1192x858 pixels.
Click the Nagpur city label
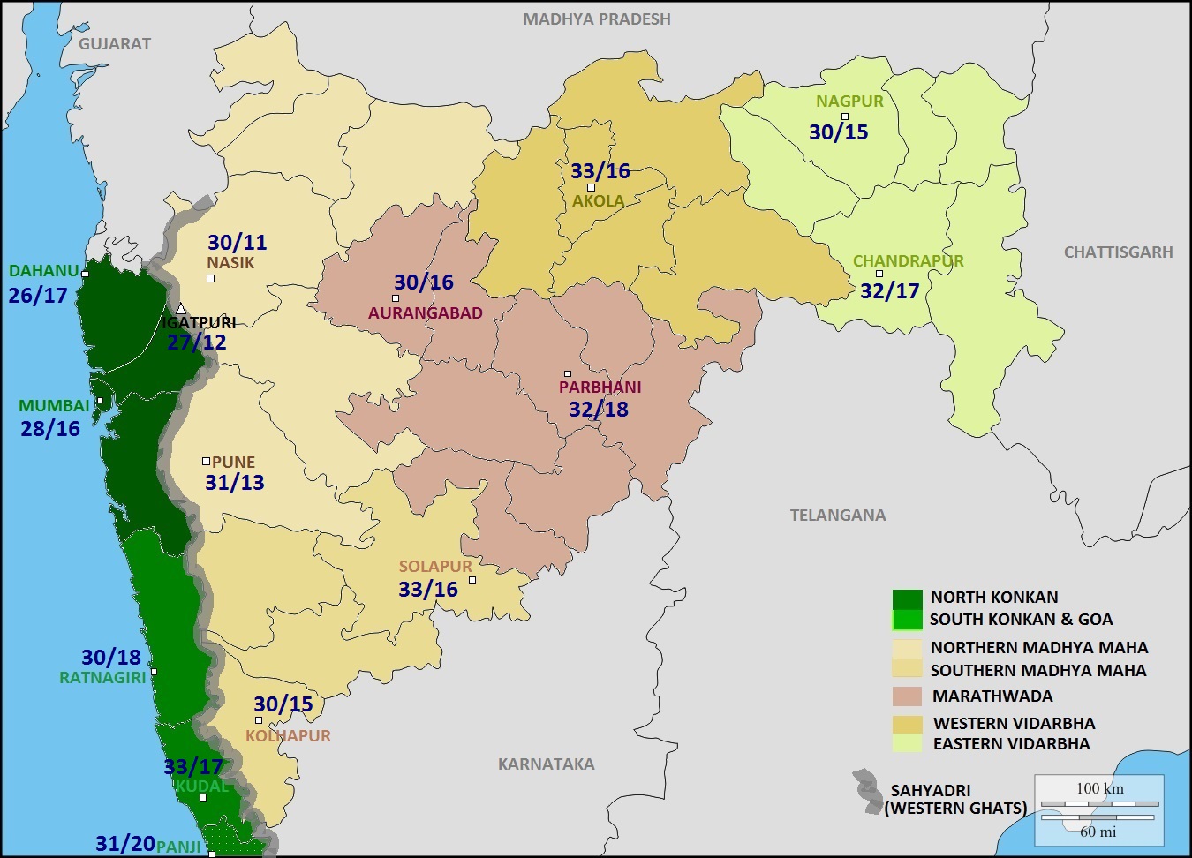point(849,101)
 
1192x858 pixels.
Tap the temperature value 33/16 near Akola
point(600,171)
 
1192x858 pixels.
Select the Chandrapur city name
point(908,261)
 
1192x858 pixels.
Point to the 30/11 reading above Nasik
point(237,243)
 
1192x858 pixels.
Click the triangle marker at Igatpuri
point(181,309)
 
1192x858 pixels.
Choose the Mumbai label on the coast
point(55,406)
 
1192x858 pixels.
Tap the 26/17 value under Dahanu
point(38,296)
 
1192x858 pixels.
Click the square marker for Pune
point(206,461)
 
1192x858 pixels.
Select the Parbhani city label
point(600,388)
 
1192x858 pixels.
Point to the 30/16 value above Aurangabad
point(423,282)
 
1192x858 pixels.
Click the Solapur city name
point(435,567)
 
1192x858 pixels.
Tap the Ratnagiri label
point(102,678)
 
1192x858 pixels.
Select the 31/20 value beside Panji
point(125,844)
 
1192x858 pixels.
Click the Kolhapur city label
point(288,736)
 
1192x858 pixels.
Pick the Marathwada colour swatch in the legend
point(907,696)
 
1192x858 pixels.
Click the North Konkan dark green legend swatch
point(907,598)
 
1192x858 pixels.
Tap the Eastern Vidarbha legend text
point(1011,744)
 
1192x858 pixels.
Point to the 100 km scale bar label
point(1099,788)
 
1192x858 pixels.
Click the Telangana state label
point(837,516)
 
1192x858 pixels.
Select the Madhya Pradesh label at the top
point(597,19)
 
